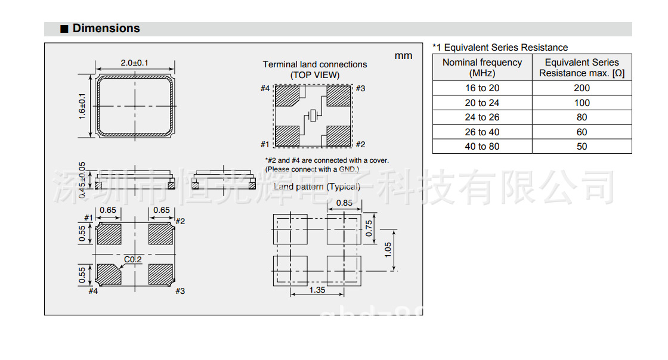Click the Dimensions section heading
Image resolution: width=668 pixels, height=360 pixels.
tap(106, 29)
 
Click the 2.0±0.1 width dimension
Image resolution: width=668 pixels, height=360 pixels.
tap(134, 63)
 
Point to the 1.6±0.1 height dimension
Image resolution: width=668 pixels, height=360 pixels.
tap(82, 105)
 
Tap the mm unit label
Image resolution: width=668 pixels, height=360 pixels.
tap(403, 55)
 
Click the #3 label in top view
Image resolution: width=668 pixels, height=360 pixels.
tap(360, 89)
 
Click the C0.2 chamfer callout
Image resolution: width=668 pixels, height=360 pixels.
tap(132, 259)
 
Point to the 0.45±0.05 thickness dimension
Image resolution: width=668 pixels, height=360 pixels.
tap(82, 176)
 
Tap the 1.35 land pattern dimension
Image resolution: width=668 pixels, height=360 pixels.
tap(317, 290)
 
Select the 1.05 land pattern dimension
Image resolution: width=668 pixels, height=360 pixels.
tap(388, 249)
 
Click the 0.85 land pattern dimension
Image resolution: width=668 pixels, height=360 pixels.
tap(344, 203)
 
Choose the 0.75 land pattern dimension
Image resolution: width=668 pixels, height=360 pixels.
tap(369, 229)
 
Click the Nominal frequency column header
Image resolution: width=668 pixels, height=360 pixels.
tap(482, 67)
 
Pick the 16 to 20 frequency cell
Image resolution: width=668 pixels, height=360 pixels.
tap(482, 88)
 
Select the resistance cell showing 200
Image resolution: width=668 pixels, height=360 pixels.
tap(582, 88)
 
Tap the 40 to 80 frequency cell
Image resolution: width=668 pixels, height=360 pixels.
tap(482, 147)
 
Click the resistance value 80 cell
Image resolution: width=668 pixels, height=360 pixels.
tap(582, 117)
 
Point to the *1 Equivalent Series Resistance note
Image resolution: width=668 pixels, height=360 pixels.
tap(500, 48)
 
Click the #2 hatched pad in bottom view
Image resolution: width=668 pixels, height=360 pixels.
tap(160, 234)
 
